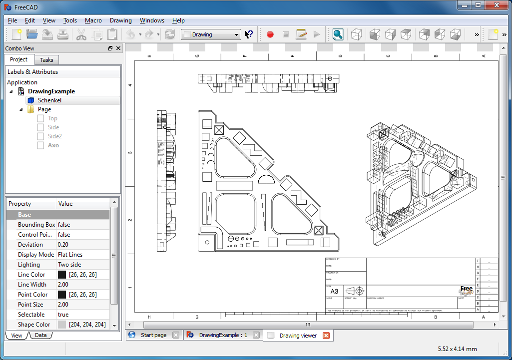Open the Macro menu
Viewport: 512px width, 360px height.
tap(93, 20)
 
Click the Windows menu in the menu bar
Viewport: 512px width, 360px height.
tap(152, 20)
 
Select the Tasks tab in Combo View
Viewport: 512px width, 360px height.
tap(46, 60)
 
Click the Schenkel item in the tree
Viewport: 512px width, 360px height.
tap(49, 100)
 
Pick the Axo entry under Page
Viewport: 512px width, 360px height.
tap(53, 145)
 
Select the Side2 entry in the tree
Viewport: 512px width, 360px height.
tap(54, 136)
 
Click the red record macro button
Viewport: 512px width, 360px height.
tap(270, 34)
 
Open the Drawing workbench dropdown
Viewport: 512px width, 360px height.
tap(211, 34)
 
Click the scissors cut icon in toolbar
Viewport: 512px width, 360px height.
tap(81, 34)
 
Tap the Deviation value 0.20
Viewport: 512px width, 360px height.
tap(63, 245)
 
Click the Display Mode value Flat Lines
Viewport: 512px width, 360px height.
tap(70, 255)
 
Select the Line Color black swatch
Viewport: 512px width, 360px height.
tap(62, 275)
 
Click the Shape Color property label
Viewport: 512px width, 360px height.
tap(34, 325)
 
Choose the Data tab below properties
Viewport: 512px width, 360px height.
tap(41, 336)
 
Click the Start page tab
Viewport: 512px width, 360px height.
tap(153, 335)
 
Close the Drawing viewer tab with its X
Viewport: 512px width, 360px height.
tap(326, 336)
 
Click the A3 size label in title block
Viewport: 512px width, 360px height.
tap(334, 291)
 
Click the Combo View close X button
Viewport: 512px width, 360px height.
tap(118, 48)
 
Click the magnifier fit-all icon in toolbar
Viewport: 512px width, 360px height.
tap(338, 34)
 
